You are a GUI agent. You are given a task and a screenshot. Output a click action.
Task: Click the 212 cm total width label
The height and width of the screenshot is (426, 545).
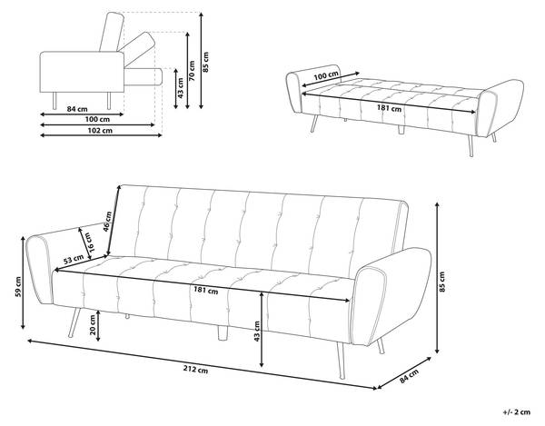coord(195,370)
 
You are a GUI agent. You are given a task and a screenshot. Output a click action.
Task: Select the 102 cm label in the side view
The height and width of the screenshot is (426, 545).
coord(100,131)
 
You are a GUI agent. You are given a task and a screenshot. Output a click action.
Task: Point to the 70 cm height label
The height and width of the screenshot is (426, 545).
coord(192,71)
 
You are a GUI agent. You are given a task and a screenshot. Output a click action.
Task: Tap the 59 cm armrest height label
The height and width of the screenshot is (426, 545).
coord(18,287)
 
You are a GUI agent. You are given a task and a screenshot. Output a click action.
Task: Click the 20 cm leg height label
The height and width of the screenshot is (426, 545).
coord(93,325)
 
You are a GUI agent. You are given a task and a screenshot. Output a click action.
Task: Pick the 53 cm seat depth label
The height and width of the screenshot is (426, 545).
coord(74,259)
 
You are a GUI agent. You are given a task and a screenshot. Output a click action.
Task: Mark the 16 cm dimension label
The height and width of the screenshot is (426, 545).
coord(89,243)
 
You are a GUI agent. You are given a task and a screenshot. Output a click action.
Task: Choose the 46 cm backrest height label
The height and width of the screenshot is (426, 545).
coord(107,222)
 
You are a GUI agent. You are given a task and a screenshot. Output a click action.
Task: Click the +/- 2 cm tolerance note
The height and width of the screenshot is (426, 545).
coord(517,412)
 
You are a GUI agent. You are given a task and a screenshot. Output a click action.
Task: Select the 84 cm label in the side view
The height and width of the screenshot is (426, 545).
coord(77,109)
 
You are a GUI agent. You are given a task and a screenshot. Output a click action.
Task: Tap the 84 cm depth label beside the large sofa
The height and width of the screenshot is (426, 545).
coord(409,376)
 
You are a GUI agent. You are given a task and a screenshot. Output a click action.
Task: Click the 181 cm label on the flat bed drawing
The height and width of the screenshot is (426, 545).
coord(390,108)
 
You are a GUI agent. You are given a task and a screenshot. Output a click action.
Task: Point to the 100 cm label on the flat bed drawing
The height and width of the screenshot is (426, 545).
coord(326,75)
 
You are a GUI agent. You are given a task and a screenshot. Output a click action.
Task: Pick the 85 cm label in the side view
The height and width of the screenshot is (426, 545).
coord(205,62)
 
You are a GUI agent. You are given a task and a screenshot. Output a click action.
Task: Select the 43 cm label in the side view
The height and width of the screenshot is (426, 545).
coord(180,87)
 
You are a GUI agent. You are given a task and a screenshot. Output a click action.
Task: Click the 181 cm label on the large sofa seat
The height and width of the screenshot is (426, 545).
coord(206,290)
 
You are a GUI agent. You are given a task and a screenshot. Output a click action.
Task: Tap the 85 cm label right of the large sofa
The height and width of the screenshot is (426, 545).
coord(441,282)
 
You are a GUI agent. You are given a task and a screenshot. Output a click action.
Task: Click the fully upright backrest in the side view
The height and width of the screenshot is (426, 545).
coord(112,32)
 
